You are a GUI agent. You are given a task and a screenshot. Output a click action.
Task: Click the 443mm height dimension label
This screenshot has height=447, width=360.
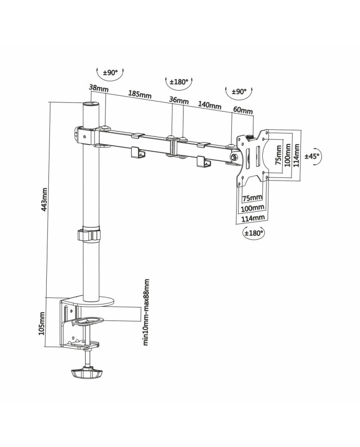tap(45, 200)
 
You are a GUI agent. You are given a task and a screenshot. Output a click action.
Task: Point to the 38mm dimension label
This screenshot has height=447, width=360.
tap(98, 88)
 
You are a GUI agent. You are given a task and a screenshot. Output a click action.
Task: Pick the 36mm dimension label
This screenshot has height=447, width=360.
tap(178, 100)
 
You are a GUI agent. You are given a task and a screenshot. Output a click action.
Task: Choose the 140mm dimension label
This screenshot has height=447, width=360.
tap(210, 105)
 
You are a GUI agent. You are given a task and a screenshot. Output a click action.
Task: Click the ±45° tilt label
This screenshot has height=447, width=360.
tap(312, 156)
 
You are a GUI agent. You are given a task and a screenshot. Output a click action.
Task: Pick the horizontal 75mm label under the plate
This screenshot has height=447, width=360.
tap(251, 198)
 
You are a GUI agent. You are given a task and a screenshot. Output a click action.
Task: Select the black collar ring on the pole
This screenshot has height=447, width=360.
tap(88, 235)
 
